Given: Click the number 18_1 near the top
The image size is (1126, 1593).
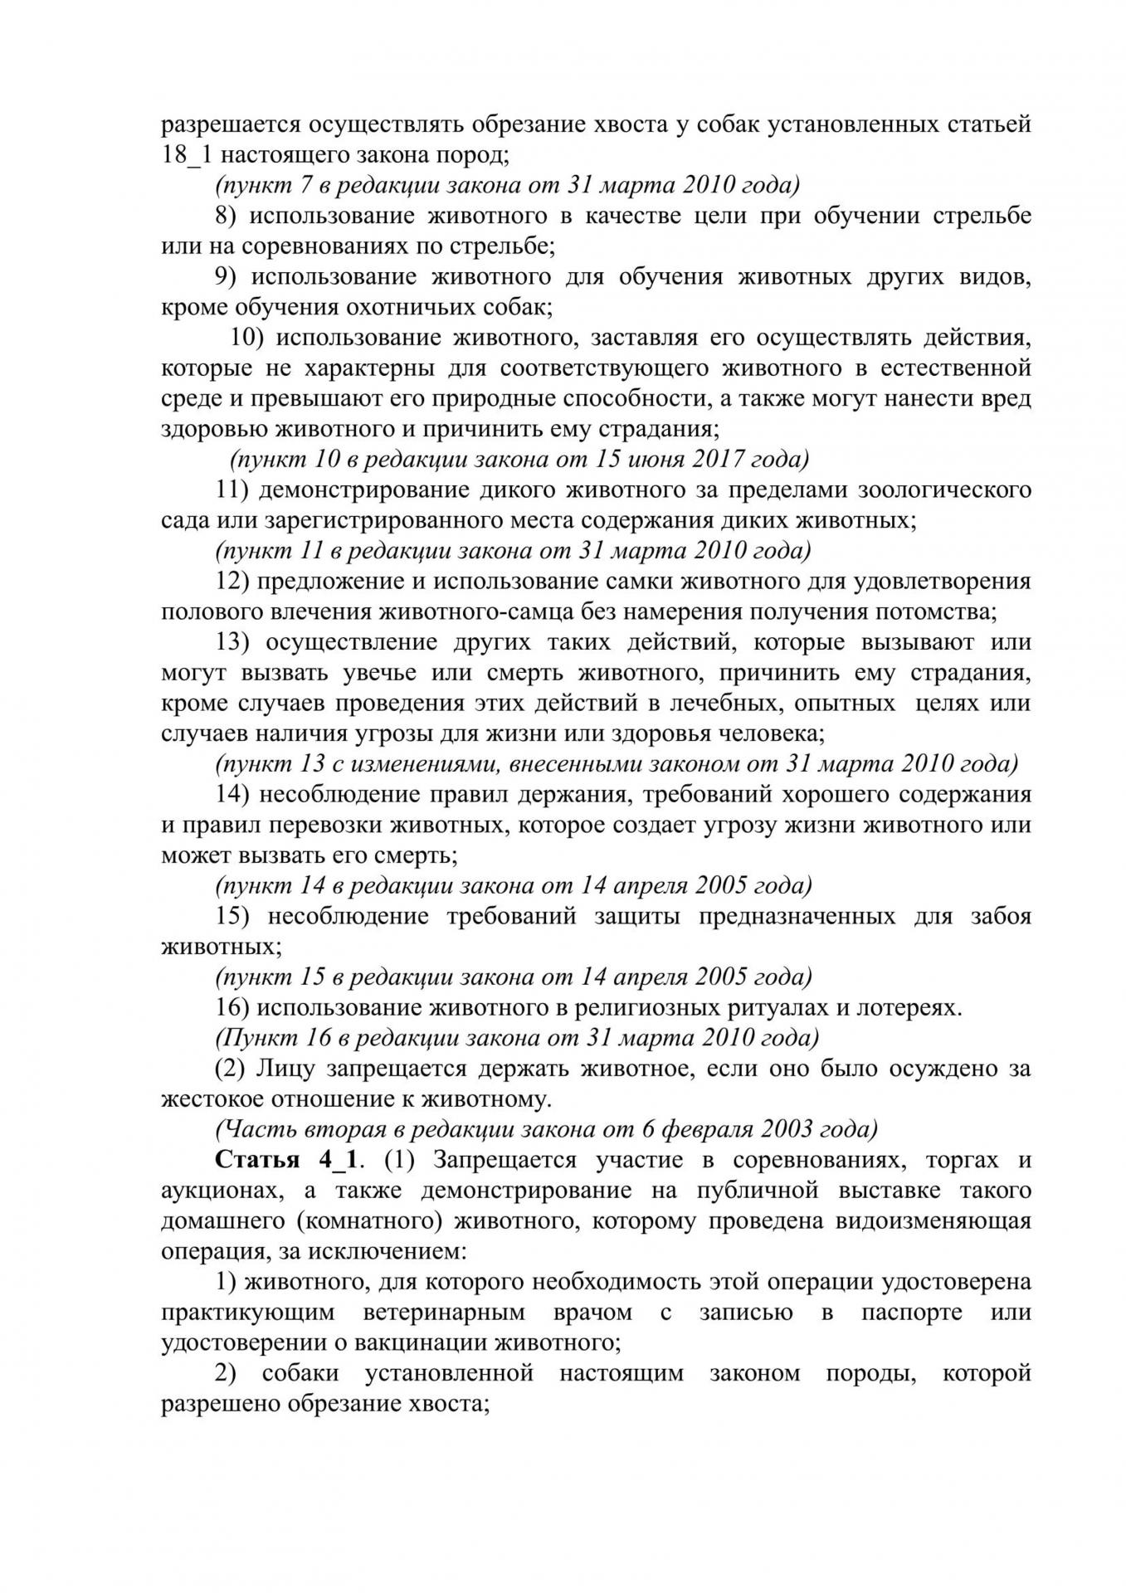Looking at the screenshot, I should (185, 155).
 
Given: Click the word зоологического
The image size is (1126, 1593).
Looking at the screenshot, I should (946, 490).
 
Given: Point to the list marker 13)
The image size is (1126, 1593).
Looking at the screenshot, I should (233, 642).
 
